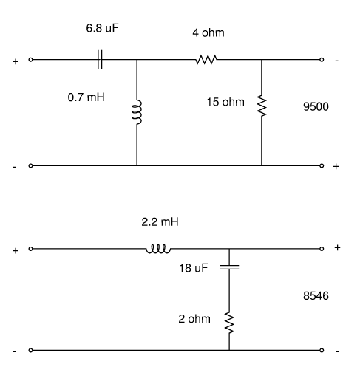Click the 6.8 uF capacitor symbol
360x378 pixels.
(100, 60)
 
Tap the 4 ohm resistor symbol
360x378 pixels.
(206, 60)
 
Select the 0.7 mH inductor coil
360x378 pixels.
(137, 112)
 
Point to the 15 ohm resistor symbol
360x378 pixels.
(262, 106)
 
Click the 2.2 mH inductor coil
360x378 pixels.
(158, 249)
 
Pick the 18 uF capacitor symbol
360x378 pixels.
(229, 267)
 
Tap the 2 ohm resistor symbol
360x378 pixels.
(229, 323)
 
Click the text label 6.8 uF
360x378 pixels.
(102, 28)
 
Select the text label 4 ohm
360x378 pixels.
(208, 32)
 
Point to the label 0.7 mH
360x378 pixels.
(86, 97)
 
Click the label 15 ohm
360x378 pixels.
(225, 102)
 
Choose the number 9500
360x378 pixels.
(316, 106)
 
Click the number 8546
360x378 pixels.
(316, 295)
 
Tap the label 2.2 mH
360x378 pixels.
(160, 221)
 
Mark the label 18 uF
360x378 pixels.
(194, 268)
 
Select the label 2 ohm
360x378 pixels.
(194, 319)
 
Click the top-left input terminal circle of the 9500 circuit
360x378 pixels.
(30, 60)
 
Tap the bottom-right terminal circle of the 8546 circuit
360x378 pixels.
(322, 350)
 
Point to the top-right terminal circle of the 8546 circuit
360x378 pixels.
(322, 249)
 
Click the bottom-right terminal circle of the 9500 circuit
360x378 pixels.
(322, 165)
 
